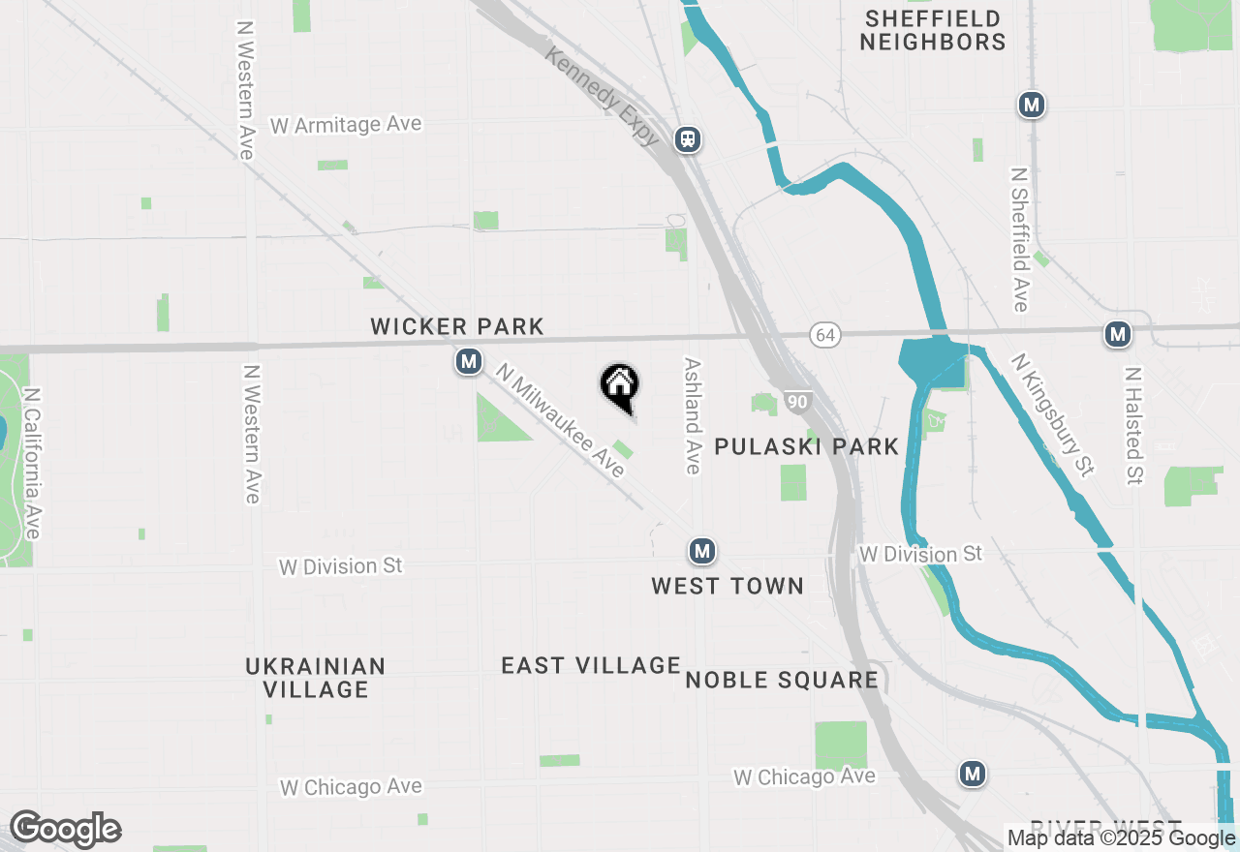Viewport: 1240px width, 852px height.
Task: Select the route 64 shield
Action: pos(824,335)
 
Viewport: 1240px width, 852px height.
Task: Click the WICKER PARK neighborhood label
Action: pos(457,327)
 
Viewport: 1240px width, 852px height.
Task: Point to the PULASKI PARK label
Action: pos(807,446)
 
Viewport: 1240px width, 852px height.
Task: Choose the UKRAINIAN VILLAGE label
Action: pos(316,678)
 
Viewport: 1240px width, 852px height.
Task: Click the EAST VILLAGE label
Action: pos(591,665)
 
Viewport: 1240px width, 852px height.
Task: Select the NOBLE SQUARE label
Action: pos(782,680)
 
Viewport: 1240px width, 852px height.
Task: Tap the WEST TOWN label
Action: pos(728,586)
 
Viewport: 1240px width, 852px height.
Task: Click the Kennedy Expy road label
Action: pos(603,97)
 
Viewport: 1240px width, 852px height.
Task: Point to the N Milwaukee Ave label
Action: pos(560,419)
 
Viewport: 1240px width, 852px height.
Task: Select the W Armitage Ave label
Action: pos(346,125)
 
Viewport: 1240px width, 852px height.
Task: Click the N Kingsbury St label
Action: pos(1052,414)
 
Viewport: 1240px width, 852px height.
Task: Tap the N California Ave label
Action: pos(32,464)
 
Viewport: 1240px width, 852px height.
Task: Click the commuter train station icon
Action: pos(688,138)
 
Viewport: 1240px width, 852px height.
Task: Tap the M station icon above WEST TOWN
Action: pos(702,552)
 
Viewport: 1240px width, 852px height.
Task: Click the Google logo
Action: pos(65,829)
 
